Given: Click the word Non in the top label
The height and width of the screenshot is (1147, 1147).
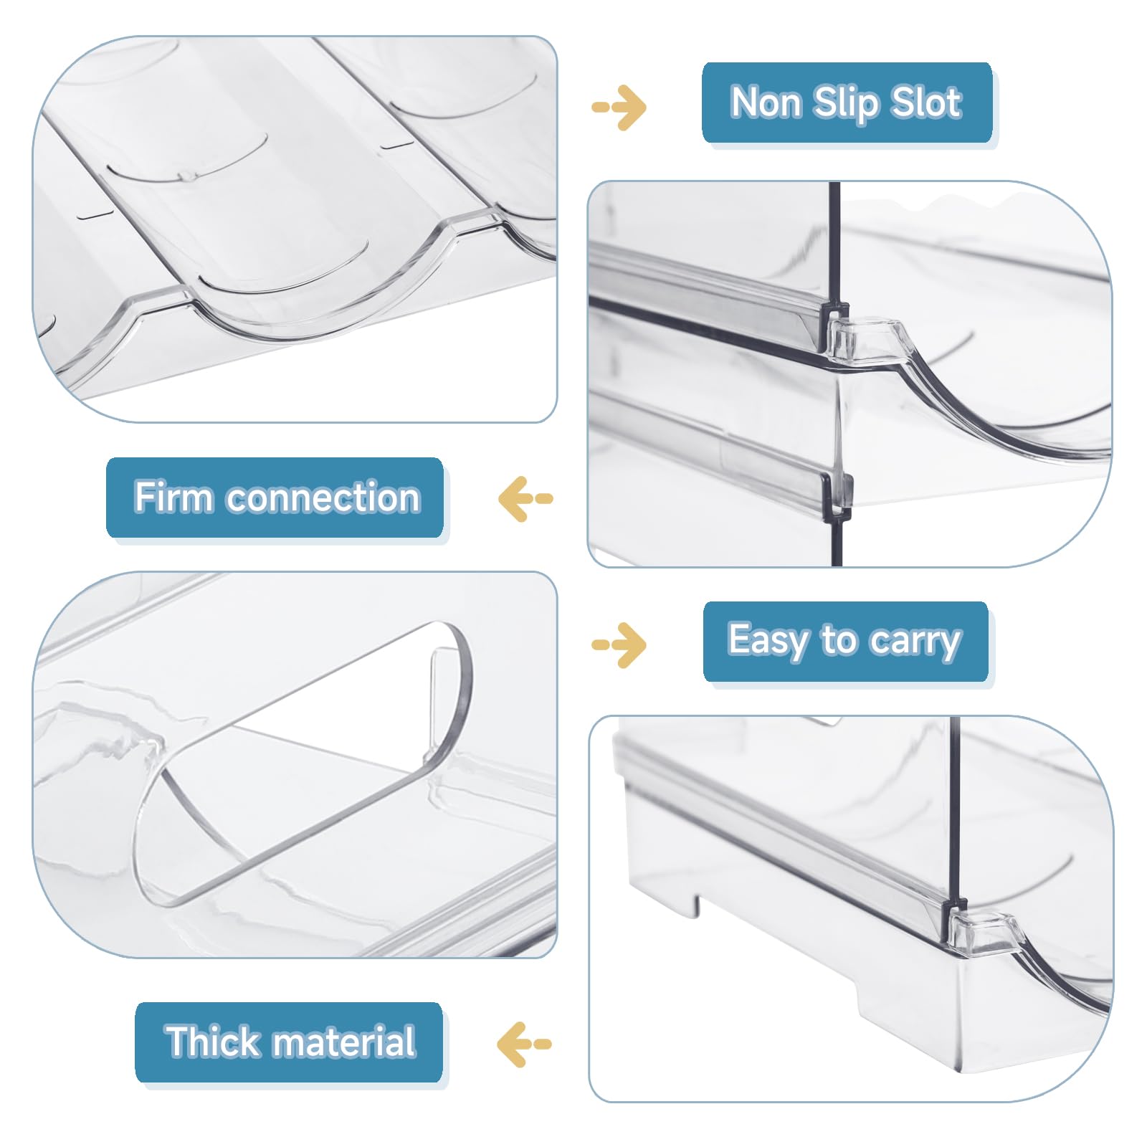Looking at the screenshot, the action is (x=766, y=102).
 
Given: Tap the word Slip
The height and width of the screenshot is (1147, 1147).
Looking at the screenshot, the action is (x=846, y=104).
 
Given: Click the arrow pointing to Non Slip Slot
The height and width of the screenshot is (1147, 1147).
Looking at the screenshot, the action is (x=619, y=108).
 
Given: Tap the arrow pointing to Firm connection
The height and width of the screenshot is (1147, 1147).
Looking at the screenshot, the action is (x=525, y=498).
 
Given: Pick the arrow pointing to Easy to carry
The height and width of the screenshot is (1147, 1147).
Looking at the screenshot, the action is (x=619, y=644).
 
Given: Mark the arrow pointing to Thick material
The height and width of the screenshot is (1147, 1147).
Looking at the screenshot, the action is (x=524, y=1044).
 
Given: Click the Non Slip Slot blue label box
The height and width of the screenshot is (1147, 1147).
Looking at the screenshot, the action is (x=847, y=103).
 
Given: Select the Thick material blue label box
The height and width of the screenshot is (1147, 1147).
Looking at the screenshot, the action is (x=288, y=1042).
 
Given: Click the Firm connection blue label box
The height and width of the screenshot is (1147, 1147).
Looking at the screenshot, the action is (x=275, y=498).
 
